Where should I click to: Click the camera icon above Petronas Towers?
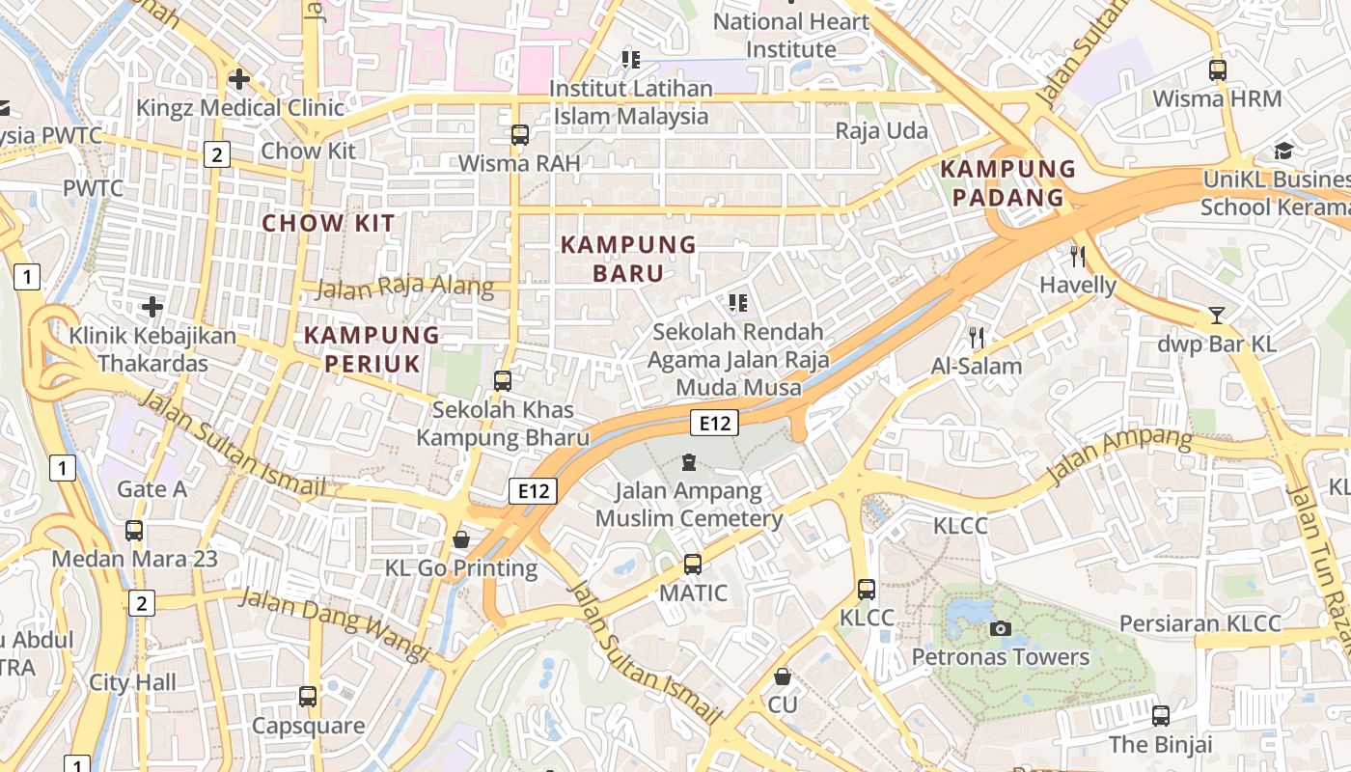click(1001, 629)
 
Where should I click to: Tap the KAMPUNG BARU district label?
click(628, 259)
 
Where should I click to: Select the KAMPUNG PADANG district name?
click(1007, 183)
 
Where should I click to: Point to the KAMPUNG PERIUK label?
click(372, 349)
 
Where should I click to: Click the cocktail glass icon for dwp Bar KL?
click(1216, 316)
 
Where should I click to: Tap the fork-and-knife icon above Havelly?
click(1078, 257)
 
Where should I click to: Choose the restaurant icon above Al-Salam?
click(977, 338)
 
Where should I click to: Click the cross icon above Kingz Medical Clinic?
click(239, 79)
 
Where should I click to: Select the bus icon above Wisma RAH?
click(520, 135)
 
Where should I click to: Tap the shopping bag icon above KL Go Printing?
click(461, 539)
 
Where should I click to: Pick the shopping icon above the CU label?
click(783, 676)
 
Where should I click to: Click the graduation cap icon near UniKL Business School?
click(1283, 151)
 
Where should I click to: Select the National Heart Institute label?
click(791, 35)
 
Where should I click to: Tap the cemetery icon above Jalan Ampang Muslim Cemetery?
click(689, 462)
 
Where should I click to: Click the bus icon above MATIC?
click(693, 565)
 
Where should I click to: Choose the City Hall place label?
click(133, 682)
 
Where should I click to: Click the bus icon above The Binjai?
click(1161, 716)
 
